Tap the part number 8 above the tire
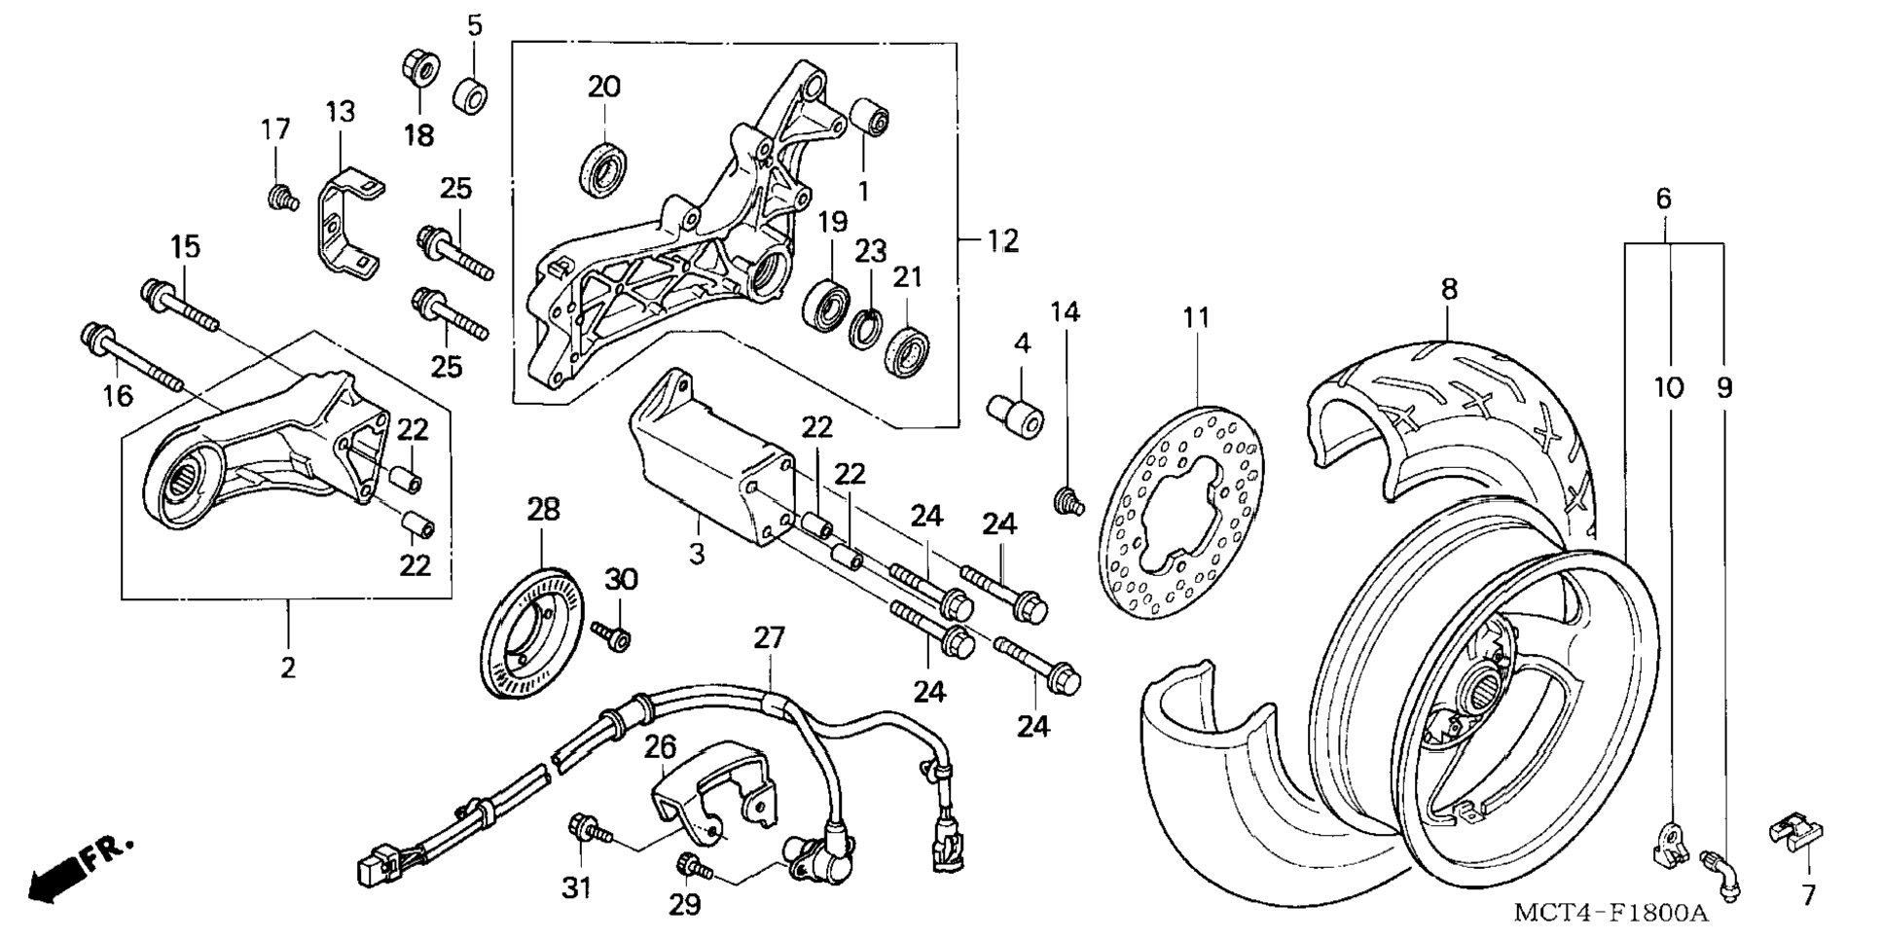pyautogui.click(x=1449, y=289)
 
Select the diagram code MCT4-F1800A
pyautogui.click(x=1611, y=913)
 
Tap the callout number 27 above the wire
pyautogui.click(x=769, y=638)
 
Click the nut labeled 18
pyautogui.click(x=420, y=66)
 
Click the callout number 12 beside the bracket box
pyautogui.click(x=1002, y=239)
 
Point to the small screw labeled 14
pyautogui.click(x=1068, y=500)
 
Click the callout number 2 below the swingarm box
pyautogui.click(x=288, y=668)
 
